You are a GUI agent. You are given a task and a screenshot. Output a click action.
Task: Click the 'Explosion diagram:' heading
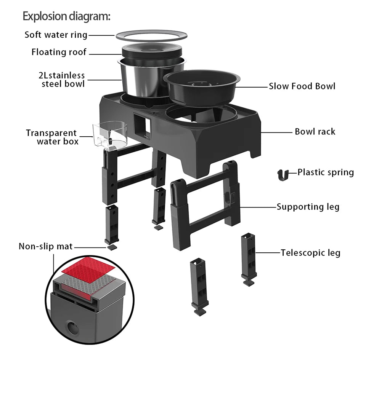[66, 16]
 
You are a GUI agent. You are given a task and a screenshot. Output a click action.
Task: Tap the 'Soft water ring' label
[56, 35]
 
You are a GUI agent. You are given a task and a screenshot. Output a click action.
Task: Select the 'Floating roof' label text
[59, 52]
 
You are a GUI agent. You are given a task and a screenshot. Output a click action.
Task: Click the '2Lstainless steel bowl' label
[62, 80]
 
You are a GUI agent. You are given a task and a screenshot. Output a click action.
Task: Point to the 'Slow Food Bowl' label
[302, 86]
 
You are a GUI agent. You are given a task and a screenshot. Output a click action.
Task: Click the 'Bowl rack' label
[315, 131]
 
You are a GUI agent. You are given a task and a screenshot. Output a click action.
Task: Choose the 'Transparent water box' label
[52, 137]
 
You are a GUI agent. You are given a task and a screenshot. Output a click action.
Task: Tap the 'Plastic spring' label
[326, 172]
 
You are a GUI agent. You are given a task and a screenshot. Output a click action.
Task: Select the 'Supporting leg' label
[308, 207]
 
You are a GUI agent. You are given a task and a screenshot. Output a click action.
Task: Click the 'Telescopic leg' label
[310, 253]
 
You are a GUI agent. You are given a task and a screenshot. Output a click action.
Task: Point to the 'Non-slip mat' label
[46, 246]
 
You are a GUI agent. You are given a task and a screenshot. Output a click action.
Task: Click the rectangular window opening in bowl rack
[142, 126]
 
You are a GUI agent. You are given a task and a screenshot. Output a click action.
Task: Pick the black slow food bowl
[202, 87]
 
